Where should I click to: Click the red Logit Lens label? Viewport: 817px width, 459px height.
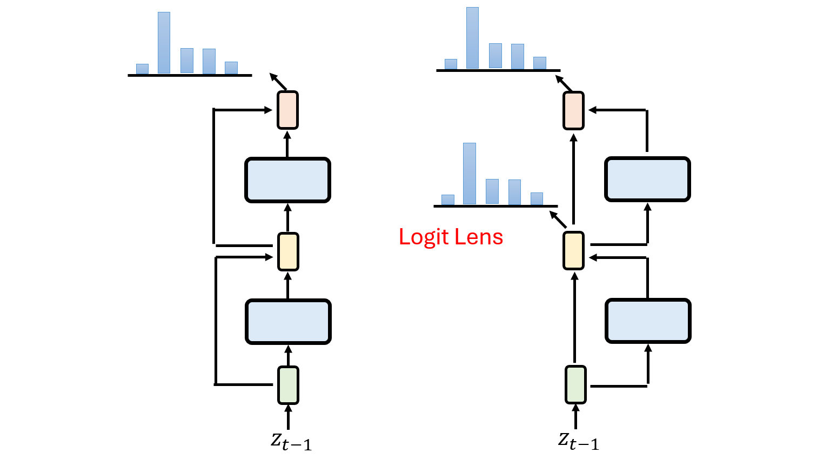coord(451,237)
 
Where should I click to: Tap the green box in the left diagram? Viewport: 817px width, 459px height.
coord(288,385)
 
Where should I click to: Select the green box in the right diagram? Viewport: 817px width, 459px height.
coord(575,384)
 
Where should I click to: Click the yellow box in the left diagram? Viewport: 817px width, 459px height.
coord(288,251)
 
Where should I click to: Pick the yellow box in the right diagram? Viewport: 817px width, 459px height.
coord(573,250)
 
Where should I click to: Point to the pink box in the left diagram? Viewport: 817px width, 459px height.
coord(287,110)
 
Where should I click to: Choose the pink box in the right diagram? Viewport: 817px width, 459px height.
coord(573,110)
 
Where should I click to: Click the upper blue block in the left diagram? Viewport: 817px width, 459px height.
coord(287,180)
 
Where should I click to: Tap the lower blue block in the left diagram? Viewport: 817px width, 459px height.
coord(288,322)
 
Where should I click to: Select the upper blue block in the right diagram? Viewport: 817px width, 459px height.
coord(647,179)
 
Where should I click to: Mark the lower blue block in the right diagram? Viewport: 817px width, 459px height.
coord(648,321)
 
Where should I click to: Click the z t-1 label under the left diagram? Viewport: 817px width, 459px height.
coord(291,442)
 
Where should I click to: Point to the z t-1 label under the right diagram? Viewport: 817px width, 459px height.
coord(579,441)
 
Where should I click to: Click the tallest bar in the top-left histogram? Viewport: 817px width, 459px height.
coord(164,43)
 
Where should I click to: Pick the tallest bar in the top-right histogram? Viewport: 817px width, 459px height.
coord(472,38)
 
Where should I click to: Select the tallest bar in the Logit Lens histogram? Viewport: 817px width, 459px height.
coord(470,174)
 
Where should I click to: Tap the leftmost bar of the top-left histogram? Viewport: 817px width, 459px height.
coord(142,69)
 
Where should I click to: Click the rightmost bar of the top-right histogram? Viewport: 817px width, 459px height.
coord(539,63)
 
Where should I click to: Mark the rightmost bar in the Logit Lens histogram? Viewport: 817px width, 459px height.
coord(537,198)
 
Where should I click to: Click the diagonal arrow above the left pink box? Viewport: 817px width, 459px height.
coord(278,82)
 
